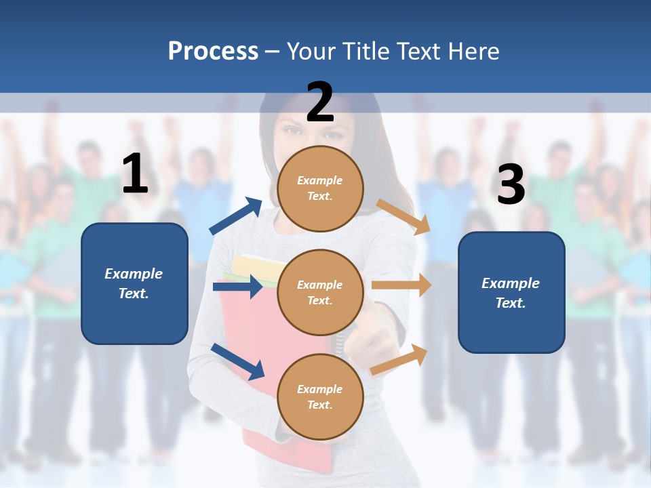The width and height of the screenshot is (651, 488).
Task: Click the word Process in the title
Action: [213, 51]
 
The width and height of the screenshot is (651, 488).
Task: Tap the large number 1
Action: [135, 174]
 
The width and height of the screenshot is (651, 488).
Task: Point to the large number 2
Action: [320, 102]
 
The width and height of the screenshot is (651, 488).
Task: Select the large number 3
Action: [511, 184]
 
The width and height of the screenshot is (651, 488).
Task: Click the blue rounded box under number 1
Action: [134, 283]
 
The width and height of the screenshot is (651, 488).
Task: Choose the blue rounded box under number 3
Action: [511, 292]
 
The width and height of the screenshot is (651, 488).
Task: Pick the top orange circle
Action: [320, 188]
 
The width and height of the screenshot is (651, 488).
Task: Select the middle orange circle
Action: [320, 292]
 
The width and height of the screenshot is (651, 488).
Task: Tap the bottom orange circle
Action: [320, 396]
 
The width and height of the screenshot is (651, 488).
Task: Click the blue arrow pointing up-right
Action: [236, 216]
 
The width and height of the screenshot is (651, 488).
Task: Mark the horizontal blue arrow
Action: [237, 287]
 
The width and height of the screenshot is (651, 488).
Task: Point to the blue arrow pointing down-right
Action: [237, 361]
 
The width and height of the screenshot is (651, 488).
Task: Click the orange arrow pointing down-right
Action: [403, 216]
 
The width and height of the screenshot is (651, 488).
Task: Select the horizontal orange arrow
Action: [401, 285]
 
